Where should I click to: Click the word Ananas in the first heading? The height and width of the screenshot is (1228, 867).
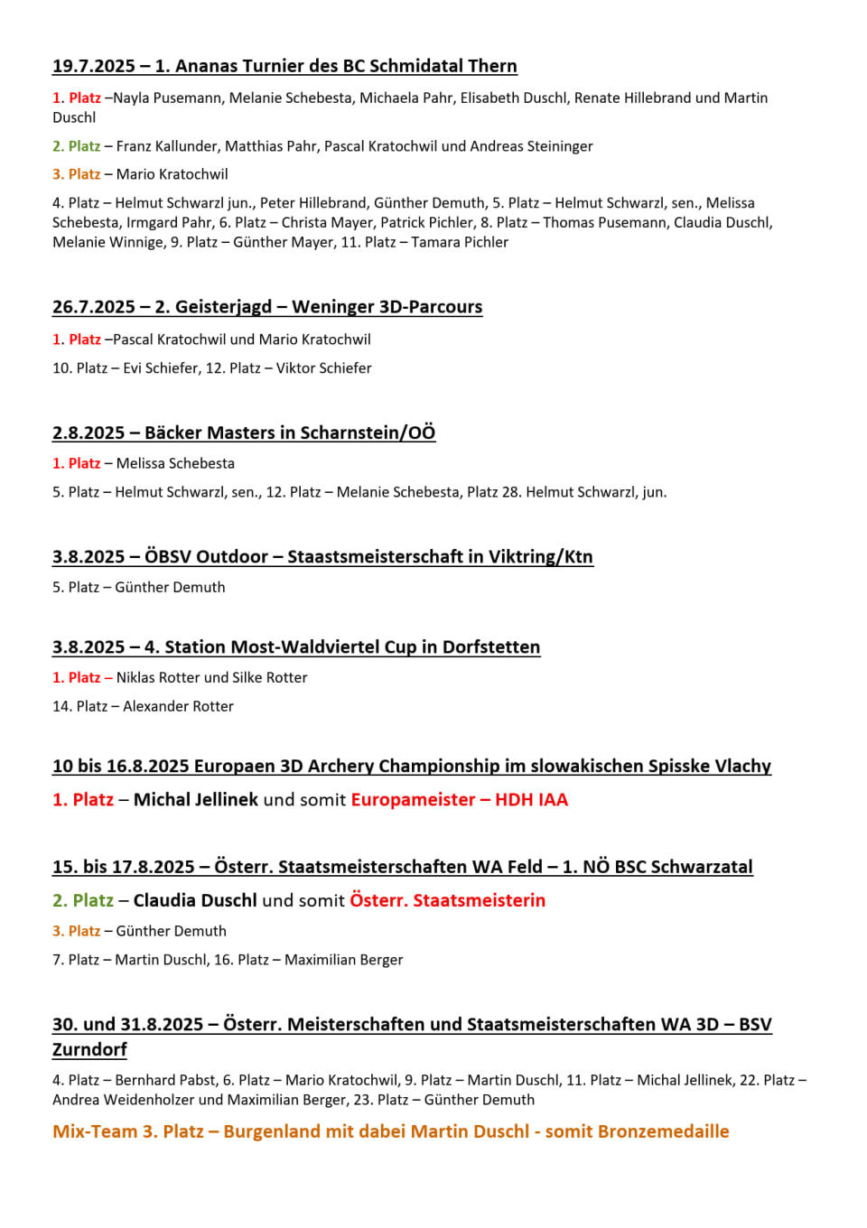tap(206, 66)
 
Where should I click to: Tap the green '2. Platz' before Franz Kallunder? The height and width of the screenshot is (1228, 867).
tap(76, 146)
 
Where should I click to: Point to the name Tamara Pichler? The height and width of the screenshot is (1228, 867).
tap(460, 242)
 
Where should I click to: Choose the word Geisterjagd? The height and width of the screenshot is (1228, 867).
tap(223, 307)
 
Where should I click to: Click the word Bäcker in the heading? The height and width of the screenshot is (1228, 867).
tap(173, 433)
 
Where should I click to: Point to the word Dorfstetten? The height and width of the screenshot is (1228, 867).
tap(491, 647)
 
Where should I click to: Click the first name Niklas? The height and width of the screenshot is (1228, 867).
tap(135, 677)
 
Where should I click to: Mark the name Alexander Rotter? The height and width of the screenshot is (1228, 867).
tap(178, 706)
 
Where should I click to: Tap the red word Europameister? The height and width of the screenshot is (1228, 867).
tap(413, 800)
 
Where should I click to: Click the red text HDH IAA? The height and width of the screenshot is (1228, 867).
tap(531, 800)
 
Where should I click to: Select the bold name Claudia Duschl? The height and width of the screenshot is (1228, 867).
tap(195, 900)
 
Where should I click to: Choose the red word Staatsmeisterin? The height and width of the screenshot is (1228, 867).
tap(480, 900)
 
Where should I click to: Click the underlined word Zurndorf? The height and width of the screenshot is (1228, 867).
tap(89, 1049)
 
